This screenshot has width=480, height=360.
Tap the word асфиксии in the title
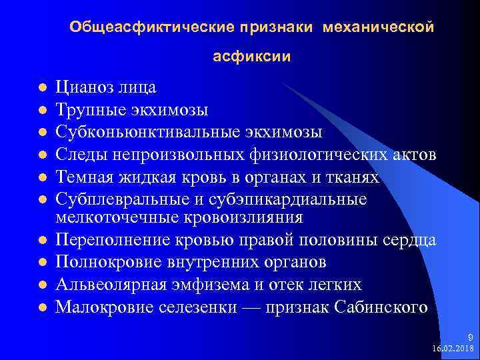point(251,57)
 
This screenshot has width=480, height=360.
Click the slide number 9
point(469,339)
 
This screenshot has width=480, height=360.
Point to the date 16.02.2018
point(453,349)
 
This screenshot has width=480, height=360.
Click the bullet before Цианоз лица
point(41,88)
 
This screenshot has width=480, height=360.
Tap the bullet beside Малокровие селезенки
point(41,308)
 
